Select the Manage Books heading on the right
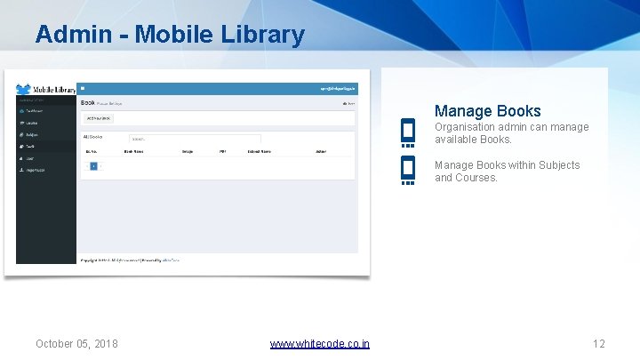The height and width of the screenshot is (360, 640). click(x=487, y=111)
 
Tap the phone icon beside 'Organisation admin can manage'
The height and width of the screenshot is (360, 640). click(x=408, y=132)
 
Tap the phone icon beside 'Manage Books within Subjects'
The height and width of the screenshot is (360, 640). click(x=408, y=170)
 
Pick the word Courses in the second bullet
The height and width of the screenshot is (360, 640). click(x=477, y=178)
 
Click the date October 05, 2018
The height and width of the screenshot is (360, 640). click(x=76, y=344)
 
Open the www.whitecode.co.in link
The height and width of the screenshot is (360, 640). click(x=320, y=344)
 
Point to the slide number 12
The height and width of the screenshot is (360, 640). click(x=598, y=344)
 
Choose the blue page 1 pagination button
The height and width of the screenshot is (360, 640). click(x=93, y=166)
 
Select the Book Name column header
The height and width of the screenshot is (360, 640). click(x=134, y=152)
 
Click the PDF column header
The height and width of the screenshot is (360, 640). click(x=223, y=152)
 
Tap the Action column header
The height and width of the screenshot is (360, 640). click(x=321, y=152)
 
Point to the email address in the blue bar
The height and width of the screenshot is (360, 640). click(x=339, y=89)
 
